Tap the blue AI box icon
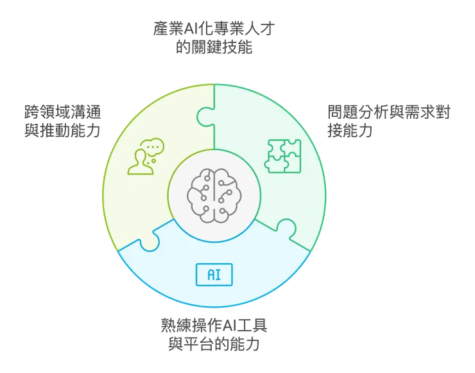tap(214, 275)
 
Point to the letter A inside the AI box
tap(210, 275)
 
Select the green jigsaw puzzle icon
tap(283, 155)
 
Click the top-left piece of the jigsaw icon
tap(275, 147)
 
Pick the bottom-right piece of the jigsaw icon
tap(292, 164)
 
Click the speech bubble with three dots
tap(153, 147)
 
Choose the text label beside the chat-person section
tap(62, 120)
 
